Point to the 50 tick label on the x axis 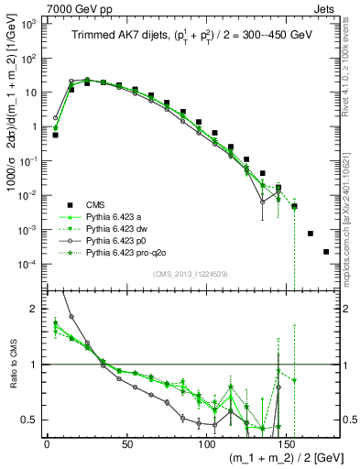(126, 442)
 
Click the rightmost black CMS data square (326, 252)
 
